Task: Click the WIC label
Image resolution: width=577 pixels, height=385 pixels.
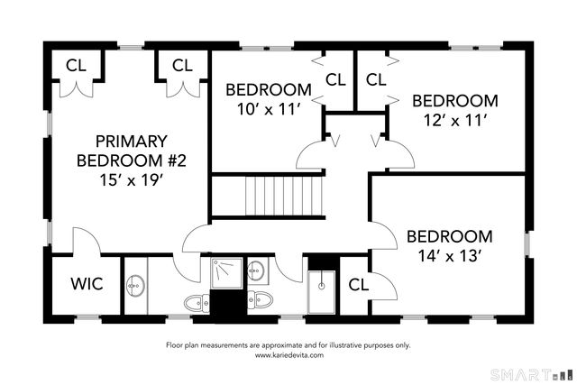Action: coord(87,284)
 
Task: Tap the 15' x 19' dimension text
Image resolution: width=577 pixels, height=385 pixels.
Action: coord(132,180)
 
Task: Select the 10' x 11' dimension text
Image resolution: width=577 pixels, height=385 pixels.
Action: coord(270,109)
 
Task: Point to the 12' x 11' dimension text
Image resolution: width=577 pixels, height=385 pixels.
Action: coord(455,120)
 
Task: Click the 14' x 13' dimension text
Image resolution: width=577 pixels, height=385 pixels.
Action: coord(450,255)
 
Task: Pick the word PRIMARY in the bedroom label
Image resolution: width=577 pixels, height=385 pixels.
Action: coord(132,142)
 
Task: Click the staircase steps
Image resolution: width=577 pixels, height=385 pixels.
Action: coord(284,196)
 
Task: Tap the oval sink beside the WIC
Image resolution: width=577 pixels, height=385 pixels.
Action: coord(136,286)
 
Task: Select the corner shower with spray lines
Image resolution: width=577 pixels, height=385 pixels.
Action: coord(226,273)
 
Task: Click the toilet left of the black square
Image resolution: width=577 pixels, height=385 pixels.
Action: coord(197,303)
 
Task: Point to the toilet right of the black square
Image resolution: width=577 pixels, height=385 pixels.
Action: coord(261,299)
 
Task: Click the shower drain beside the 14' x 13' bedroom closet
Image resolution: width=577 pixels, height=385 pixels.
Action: coord(322,285)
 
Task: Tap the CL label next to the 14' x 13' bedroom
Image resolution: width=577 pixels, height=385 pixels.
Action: coord(359,285)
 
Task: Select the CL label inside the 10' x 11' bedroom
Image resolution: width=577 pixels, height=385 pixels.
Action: coord(335,79)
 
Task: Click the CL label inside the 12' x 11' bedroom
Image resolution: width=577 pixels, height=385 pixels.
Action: coord(376,79)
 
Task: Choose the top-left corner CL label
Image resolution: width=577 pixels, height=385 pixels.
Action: coord(76,66)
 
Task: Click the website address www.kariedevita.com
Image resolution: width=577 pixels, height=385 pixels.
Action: coord(289,355)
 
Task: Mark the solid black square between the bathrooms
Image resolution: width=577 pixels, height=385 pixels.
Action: coord(228,307)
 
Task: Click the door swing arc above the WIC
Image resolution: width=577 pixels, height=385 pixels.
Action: coord(87,239)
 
